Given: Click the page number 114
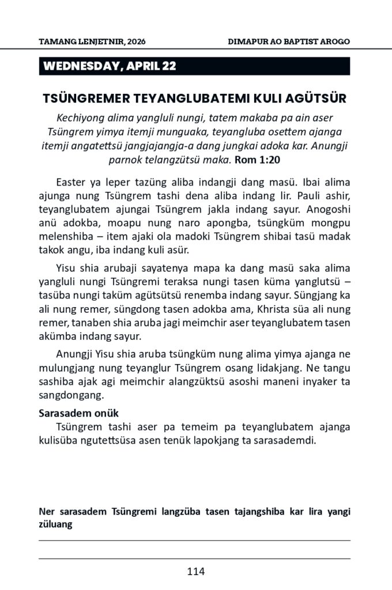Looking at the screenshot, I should [196, 572].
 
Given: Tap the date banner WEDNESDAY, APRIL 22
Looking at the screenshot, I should [110, 66].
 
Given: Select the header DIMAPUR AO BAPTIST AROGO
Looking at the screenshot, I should [289, 42].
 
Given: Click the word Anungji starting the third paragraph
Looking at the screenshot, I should [74, 354].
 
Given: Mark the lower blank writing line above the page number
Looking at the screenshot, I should [194, 558].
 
